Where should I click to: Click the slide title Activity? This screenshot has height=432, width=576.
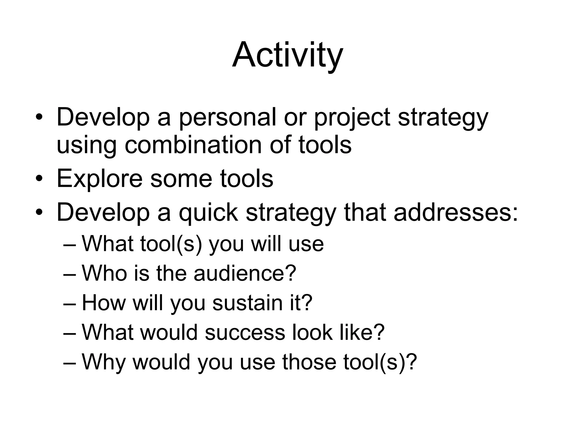point(287,55)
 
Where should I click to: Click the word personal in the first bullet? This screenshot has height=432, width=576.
point(228,118)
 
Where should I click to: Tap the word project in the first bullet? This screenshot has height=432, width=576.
point(352,118)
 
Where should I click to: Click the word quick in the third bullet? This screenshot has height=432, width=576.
point(208,212)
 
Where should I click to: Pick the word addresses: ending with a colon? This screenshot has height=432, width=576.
point(455,212)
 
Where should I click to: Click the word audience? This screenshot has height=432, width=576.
point(245,273)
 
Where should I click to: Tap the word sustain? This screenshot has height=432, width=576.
point(247,303)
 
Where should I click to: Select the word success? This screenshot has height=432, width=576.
point(245,332)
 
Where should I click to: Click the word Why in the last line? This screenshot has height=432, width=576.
point(103,362)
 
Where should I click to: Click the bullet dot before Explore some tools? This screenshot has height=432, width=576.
point(39,179)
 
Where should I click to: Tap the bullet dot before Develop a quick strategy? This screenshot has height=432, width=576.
point(39,212)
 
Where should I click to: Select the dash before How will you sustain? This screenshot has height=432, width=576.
point(70,303)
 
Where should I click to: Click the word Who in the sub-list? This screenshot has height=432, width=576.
point(104,273)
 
